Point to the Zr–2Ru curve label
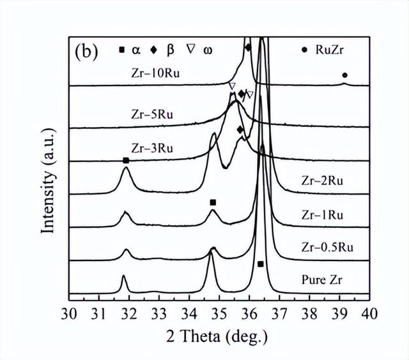click(x=323, y=181)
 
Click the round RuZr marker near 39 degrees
click(x=344, y=75)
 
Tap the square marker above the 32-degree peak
click(x=126, y=160)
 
